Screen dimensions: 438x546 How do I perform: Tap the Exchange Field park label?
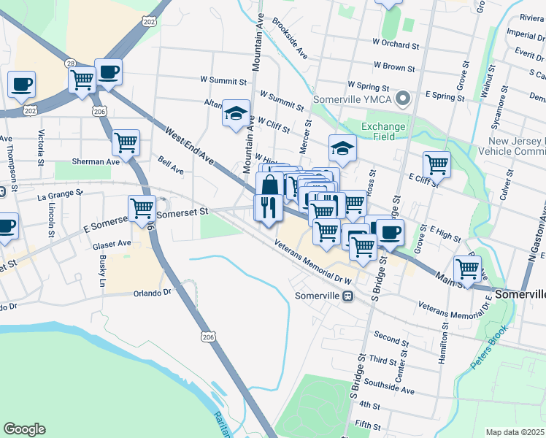[383, 132]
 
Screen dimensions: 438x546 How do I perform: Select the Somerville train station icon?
[348, 296]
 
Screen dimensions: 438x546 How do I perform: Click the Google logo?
[24, 429]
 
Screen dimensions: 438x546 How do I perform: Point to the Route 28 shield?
[70, 64]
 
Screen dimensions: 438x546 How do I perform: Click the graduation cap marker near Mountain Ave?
[235, 113]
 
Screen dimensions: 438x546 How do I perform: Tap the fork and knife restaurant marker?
[267, 207]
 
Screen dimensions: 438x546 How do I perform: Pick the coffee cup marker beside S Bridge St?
[389, 232]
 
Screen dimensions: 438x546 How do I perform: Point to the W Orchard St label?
[396, 45]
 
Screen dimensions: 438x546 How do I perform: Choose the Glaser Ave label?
[112, 244]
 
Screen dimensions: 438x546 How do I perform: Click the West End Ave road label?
[189, 145]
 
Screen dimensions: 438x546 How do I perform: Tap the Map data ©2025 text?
[515, 432]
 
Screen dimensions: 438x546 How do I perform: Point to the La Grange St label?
[61, 195]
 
